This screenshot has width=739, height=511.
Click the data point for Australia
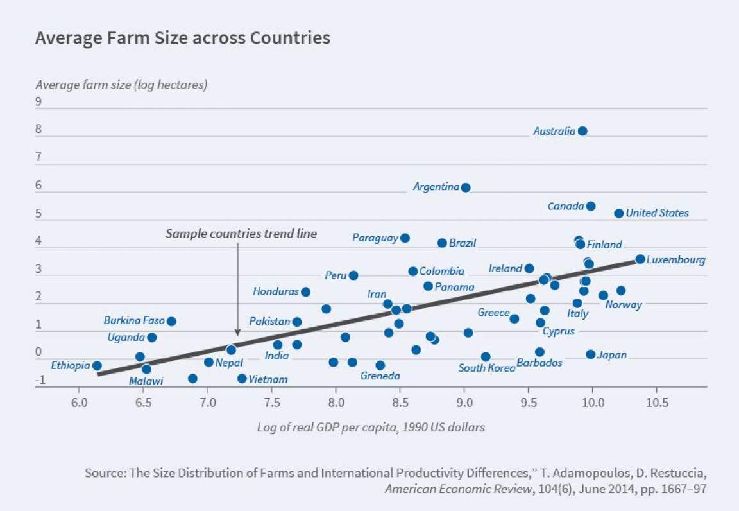[582, 131]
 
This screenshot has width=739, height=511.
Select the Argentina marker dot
[466, 187]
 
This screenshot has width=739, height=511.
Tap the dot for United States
[619, 213]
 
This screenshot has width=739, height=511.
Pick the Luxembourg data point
[640, 259]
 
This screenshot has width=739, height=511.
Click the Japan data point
[591, 354]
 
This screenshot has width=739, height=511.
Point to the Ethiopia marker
[98, 365]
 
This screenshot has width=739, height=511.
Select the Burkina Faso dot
[171, 321]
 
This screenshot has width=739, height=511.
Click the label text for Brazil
[463, 243]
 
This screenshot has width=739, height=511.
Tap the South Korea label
[487, 368]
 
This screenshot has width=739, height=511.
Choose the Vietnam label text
[268, 379]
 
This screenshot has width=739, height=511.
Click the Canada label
[565, 206]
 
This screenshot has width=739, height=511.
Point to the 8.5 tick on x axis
[400, 403]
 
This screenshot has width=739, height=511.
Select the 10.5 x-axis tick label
[657, 403]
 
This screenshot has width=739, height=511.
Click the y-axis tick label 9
[38, 101]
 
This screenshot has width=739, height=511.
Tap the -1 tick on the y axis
[40, 379]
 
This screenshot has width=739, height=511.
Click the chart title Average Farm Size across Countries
[183, 38]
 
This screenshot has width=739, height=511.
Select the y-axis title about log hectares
[121, 85]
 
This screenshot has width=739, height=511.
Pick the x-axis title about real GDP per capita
[371, 427]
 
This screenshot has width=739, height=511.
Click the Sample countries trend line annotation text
[241, 234]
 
